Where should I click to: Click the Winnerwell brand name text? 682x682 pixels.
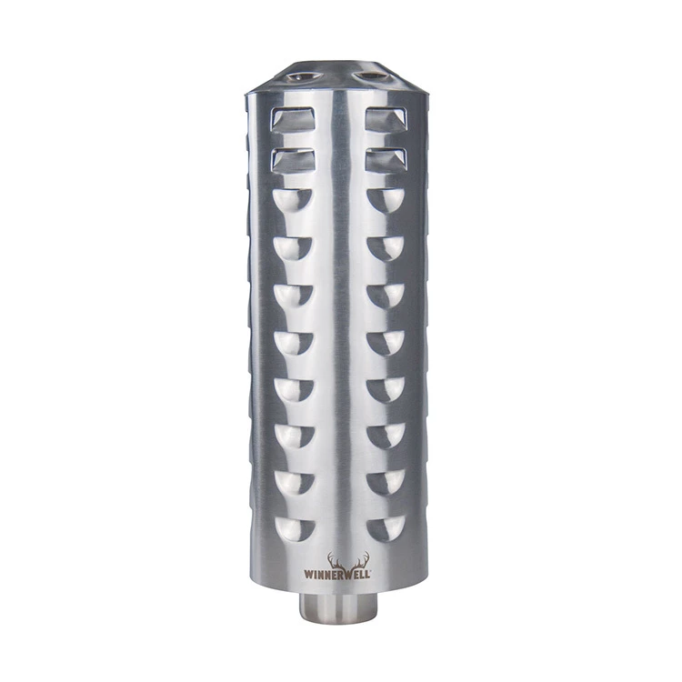[x=337, y=574]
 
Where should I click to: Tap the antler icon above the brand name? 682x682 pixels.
[x=348, y=561]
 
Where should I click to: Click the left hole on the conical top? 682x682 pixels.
[x=304, y=77]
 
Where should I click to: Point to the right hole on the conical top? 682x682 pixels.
[x=371, y=76]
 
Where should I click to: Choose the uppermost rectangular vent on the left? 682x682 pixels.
[x=293, y=119]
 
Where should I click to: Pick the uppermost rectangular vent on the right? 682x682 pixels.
[x=386, y=119]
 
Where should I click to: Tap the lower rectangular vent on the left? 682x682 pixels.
[x=293, y=160]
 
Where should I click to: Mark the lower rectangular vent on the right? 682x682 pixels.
[x=386, y=160]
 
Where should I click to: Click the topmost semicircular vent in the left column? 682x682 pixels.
[x=293, y=200]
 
